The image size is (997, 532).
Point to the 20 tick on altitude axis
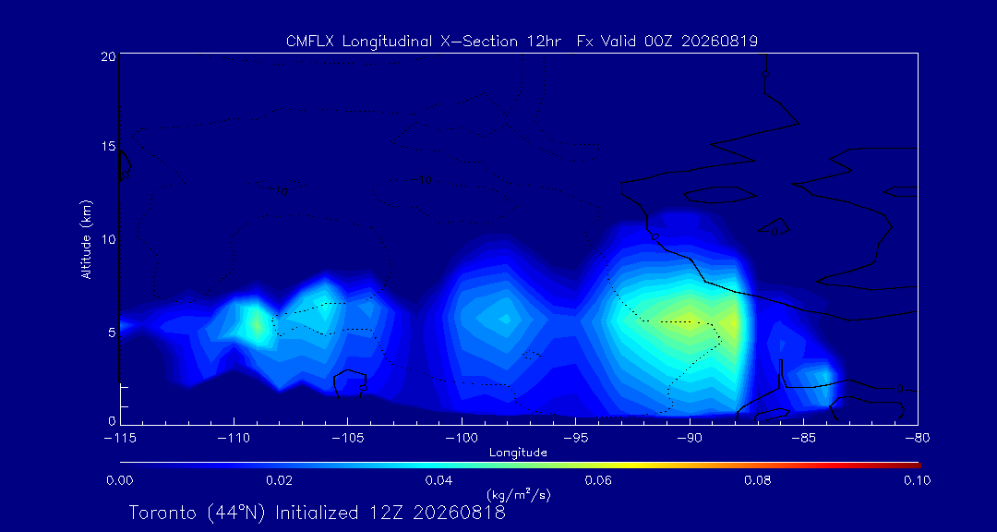[107, 56]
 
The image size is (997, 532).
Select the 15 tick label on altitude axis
[107, 147]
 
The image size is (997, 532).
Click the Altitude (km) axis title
[86, 238]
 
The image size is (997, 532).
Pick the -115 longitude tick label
[120, 439]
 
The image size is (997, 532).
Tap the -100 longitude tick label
[462, 439]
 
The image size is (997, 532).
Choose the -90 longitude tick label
[690, 439]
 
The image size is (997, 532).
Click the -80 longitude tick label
[917, 439]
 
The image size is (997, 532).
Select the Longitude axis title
[518, 453]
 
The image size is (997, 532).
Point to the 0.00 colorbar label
[119, 480]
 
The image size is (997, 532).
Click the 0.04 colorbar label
[439, 480]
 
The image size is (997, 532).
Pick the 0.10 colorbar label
[918, 480]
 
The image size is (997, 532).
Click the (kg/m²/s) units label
[518, 495]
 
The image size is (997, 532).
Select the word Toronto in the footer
[165, 513]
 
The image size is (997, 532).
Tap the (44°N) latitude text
[237, 513]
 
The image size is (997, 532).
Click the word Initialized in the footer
[315, 513]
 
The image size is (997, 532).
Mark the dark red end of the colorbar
[917, 465]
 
